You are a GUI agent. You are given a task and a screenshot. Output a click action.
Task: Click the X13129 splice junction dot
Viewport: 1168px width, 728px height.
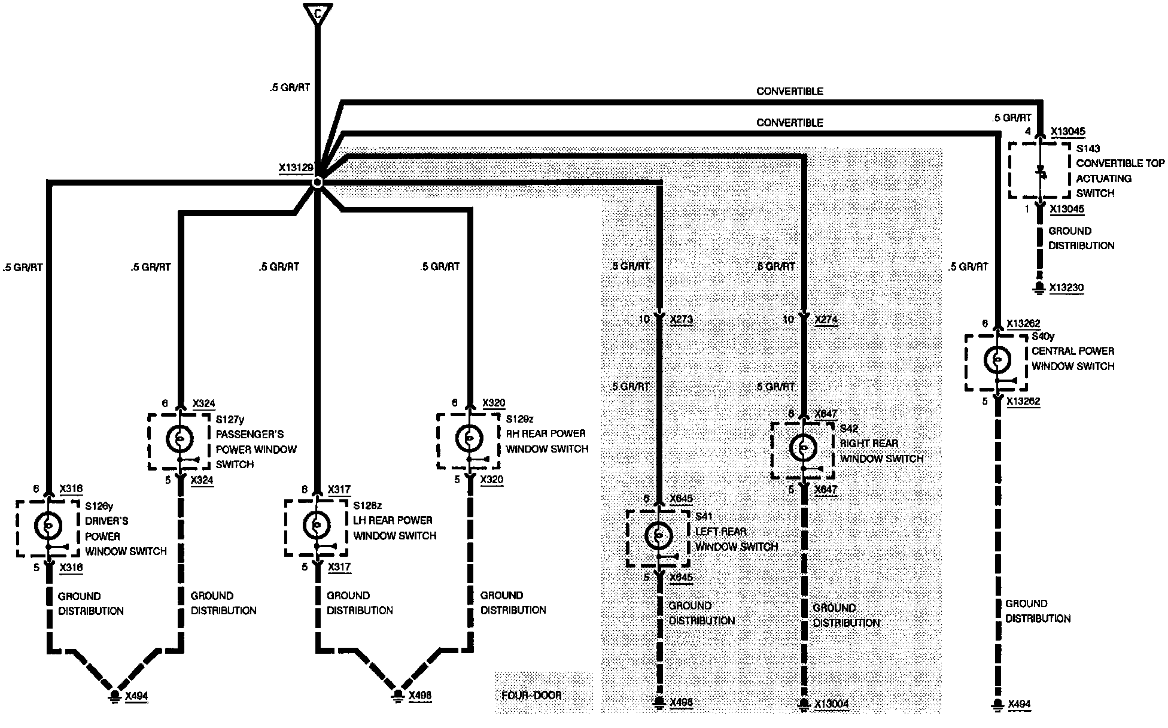point(318,181)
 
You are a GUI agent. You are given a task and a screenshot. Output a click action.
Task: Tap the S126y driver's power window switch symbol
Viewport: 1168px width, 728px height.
point(47,526)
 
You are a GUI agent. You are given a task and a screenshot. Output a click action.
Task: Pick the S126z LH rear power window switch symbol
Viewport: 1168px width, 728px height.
point(315,525)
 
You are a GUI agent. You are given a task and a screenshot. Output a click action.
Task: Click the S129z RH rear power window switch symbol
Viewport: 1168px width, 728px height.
point(469,439)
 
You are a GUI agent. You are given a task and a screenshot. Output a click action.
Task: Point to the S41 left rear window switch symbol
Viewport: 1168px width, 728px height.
point(658,536)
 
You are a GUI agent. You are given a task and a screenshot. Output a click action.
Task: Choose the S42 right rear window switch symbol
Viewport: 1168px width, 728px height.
point(802,448)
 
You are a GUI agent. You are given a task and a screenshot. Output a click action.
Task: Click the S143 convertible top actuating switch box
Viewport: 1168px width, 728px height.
point(1039,170)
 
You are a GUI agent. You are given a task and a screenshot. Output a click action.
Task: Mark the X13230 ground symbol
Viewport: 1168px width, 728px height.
point(1039,288)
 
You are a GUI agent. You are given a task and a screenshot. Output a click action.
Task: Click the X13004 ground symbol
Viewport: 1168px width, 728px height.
point(804,705)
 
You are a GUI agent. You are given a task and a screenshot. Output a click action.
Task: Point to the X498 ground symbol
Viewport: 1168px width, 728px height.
point(659,703)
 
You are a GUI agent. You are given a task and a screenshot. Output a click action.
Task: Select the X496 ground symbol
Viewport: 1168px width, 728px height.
point(398,696)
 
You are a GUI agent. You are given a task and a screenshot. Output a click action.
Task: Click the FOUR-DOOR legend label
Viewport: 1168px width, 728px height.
point(531,695)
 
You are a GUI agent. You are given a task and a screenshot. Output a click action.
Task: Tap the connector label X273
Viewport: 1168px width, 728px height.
point(682,319)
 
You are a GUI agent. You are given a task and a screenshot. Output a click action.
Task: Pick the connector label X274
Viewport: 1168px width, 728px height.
point(826,319)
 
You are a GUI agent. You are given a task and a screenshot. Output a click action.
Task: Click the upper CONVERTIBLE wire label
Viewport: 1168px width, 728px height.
point(789,92)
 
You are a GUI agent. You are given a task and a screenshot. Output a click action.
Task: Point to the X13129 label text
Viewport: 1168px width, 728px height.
point(296,168)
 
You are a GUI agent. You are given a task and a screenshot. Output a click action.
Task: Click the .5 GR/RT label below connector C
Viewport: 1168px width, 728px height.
point(290,87)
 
